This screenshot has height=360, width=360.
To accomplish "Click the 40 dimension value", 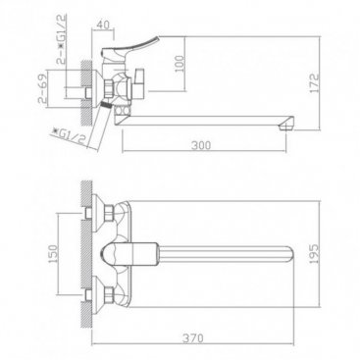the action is [103, 25].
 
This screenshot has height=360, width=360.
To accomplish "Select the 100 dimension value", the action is [180, 64].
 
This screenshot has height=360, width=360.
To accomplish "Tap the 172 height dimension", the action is [314, 82].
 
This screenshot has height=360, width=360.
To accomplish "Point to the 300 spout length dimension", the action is [201, 145].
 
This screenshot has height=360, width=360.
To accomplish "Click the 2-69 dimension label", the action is [42, 88].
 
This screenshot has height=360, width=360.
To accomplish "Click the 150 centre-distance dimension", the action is [53, 253].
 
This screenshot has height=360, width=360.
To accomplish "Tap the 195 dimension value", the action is [314, 253].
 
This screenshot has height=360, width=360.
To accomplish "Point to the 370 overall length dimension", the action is [193, 337].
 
